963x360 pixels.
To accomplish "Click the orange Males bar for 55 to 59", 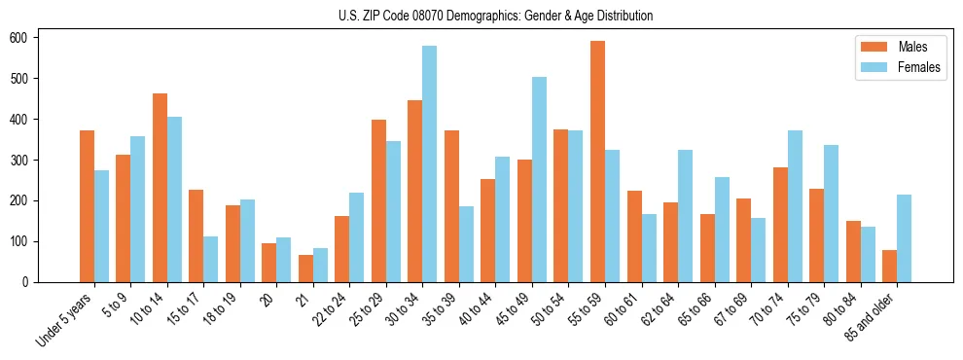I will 597,162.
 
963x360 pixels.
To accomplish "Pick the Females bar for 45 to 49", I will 539,179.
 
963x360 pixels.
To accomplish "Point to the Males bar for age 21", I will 305,269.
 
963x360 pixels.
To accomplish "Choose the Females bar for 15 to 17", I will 211,259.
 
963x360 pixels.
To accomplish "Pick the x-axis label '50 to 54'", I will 549,310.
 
